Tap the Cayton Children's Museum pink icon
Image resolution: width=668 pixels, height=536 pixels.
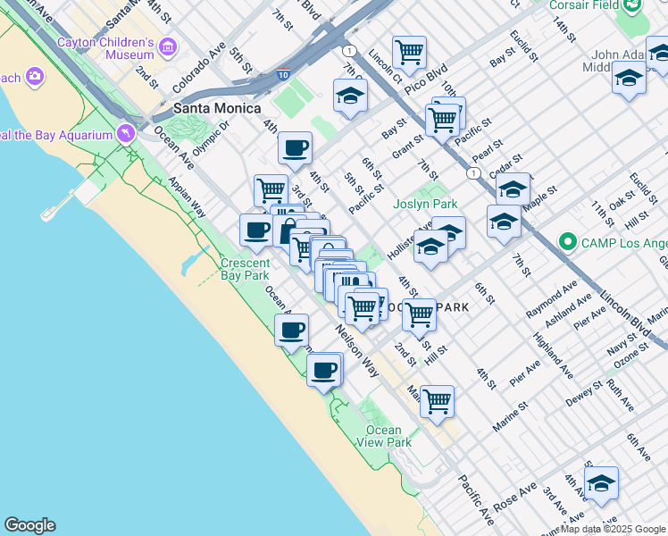167,46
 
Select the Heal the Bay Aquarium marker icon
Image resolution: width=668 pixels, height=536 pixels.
125,134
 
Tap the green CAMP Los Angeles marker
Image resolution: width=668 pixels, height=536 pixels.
564,243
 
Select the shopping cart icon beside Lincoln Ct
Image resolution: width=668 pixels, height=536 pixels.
409,51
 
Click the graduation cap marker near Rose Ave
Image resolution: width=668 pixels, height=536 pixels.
601,482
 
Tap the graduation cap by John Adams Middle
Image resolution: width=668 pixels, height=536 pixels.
629,79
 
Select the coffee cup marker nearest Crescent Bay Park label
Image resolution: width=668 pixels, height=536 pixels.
256,230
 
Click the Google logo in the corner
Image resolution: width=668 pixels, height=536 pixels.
29,525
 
